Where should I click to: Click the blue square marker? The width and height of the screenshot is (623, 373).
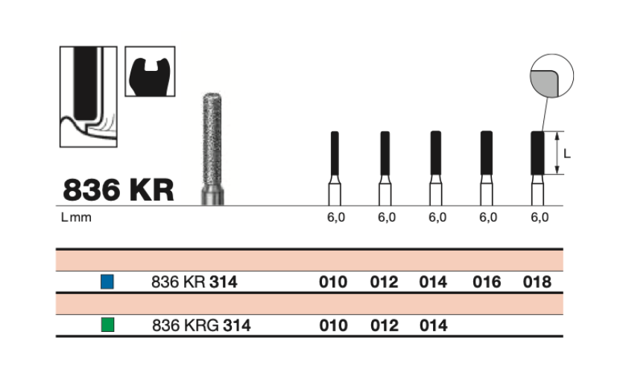[x=108, y=283]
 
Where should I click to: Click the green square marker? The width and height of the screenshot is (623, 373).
[x=108, y=325]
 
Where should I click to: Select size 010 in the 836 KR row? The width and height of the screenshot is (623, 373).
[x=333, y=283]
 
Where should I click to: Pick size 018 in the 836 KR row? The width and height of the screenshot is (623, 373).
[x=537, y=283]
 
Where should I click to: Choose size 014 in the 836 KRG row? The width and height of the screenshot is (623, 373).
[x=433, y=326]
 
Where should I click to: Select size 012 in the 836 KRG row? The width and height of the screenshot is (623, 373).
[x=384, y=326]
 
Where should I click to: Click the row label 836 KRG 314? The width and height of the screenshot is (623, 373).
[x=200, y=326]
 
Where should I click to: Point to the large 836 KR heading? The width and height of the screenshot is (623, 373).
[x=118, y=189]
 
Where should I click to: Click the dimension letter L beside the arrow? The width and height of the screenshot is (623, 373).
[x=567, y=154]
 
